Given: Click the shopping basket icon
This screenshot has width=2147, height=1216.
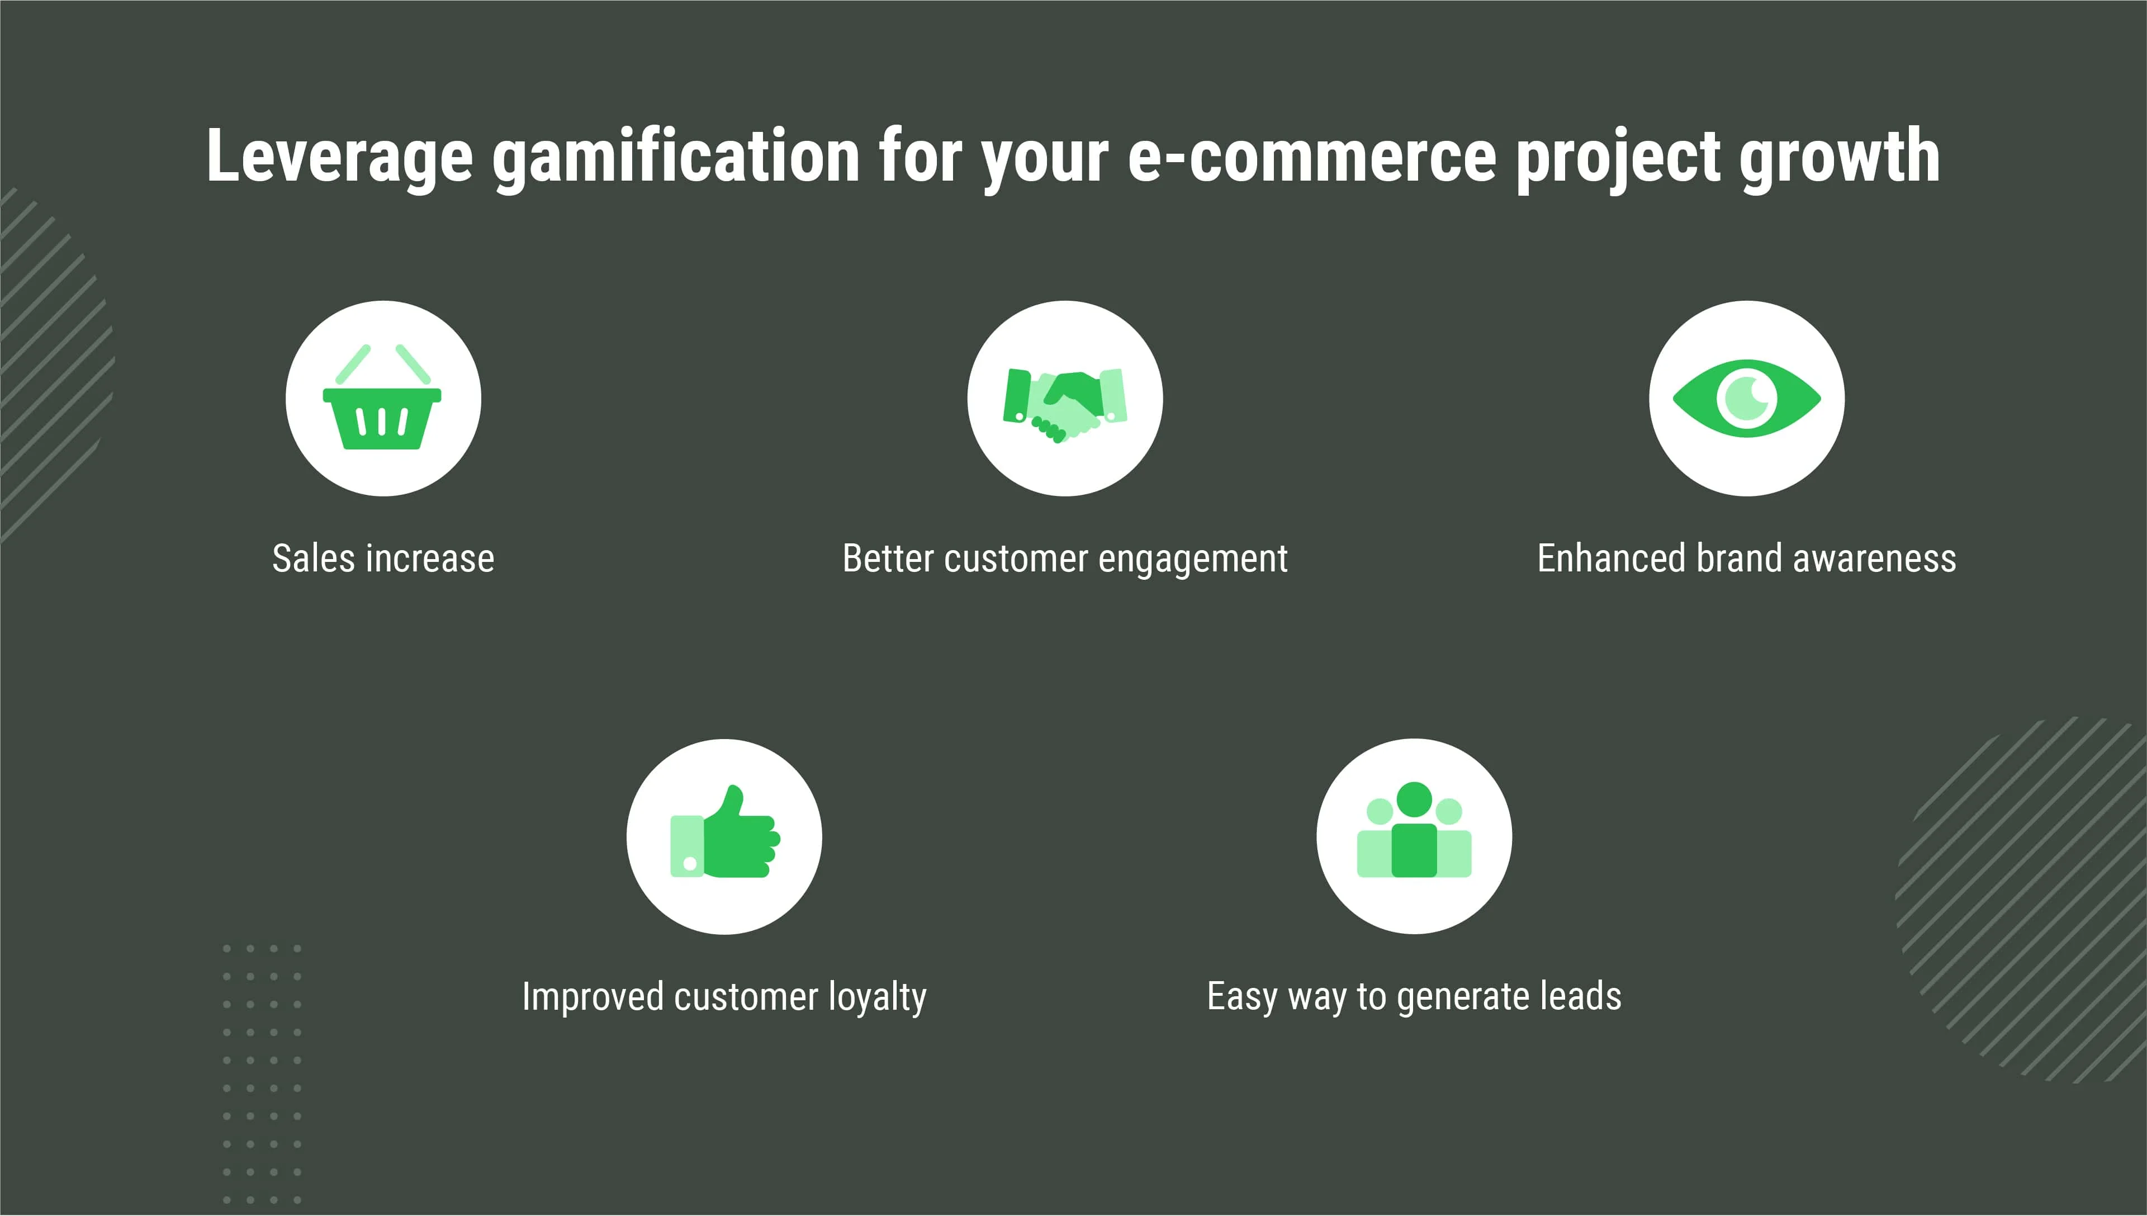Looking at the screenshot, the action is (x=382, y=397).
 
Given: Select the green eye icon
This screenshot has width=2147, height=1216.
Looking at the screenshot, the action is (x=1746, y=399).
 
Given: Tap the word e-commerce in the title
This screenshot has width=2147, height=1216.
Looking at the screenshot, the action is (x=1312, y=157).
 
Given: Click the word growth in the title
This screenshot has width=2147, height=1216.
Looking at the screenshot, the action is (x=1840, y=157).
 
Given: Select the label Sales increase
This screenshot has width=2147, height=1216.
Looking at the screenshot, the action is (x=383, y=558).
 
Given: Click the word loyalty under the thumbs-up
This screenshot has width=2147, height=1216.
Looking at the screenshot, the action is (x=878, y=998).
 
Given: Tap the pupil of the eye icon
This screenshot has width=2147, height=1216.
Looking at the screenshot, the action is (x=1746, y=399).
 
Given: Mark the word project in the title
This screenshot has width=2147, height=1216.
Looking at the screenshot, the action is (x=1618, y=157).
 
